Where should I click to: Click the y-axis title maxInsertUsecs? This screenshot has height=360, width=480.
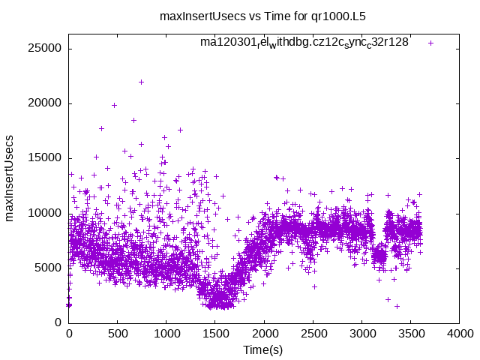(10, 178)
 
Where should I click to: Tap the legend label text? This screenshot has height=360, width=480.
(304, 43)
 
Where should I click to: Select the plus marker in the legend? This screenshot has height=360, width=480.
(430, 43)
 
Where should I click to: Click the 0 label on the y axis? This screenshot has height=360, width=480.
(58, 322)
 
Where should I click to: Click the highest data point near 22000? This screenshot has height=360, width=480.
(141, 82)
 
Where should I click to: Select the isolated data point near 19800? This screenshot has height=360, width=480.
(114, 105)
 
